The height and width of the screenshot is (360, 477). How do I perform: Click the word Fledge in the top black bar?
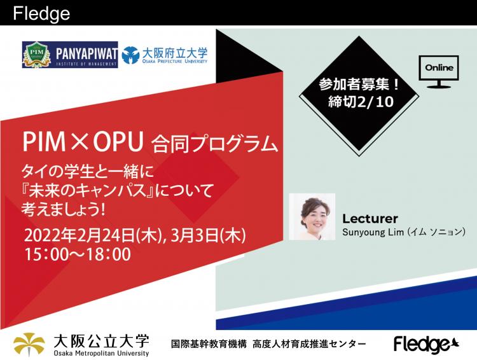(41, 14)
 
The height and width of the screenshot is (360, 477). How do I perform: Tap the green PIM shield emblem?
(36, 55)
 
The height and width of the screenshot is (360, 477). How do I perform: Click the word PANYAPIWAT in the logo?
(86, 53)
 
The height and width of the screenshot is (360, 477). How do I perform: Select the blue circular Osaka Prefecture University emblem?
(130, 55)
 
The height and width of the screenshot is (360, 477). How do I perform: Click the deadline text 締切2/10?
(361, 102)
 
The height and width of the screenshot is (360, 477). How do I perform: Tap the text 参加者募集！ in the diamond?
(359, 85)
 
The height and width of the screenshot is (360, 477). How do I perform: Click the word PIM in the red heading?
(44, 142)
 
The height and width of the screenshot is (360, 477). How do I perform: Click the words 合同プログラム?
(215, 144)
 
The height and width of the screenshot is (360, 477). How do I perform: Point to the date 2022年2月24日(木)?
(92, 235)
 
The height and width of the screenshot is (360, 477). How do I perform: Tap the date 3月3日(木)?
(209, 235)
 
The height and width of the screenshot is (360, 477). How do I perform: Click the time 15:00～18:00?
(78, 254)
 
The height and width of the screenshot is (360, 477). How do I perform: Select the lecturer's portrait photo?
(312, 216)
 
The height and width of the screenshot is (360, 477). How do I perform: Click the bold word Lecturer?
(370, 219)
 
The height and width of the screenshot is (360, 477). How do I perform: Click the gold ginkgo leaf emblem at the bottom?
(29, 344)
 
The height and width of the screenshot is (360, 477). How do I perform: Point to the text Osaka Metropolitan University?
(101, 353)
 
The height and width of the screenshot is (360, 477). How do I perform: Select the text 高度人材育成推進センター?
(309, 344)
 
